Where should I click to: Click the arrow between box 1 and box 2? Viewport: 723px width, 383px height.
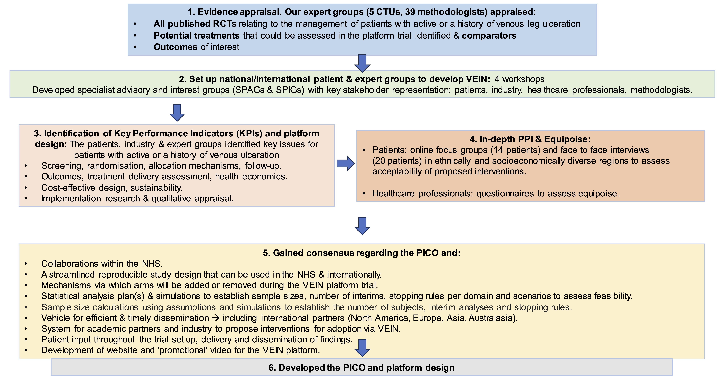[x=362, y=63]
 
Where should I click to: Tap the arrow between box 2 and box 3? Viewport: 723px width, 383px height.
[x=177, y=113]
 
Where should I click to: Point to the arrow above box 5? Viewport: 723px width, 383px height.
[x=362, y=226]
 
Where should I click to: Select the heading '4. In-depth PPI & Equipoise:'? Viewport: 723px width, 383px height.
[x=530, y=139]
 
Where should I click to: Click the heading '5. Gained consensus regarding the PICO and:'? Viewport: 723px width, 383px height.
[x=361, y=253]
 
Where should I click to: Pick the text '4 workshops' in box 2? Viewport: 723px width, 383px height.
[x=519, y=79]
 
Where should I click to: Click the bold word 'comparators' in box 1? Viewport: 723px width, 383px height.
[x=489, y=36]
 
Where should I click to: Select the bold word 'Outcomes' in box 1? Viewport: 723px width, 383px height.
[x=175, y=47]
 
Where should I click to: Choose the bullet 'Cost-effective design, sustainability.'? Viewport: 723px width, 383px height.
[x=112, y=188]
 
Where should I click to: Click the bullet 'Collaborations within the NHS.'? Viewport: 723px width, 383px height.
[x=102, y=264]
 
